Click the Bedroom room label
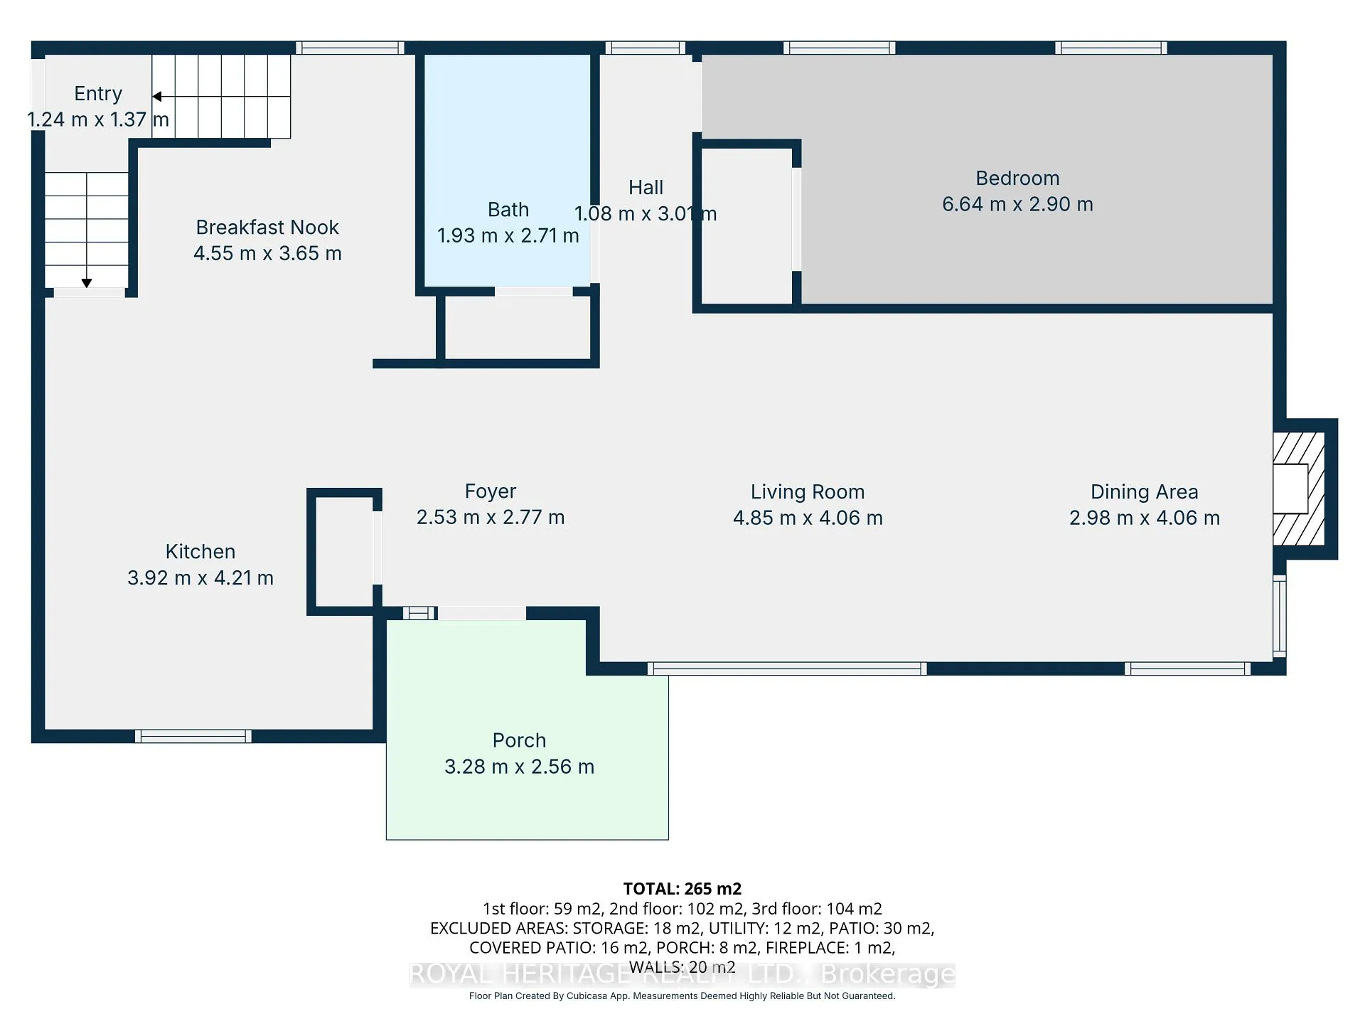1017,178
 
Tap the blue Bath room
508,171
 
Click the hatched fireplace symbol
1298,489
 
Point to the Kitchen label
200,552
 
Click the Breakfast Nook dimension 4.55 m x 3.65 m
267,254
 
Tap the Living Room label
808,492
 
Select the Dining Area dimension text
1145,518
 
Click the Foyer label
491,491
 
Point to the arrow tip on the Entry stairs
153,97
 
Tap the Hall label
646,188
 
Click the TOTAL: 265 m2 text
682,889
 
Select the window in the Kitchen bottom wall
193,737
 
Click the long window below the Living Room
787,668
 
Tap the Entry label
98,94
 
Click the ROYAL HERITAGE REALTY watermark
682,974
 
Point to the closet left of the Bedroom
746,226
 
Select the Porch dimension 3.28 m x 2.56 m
519,767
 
